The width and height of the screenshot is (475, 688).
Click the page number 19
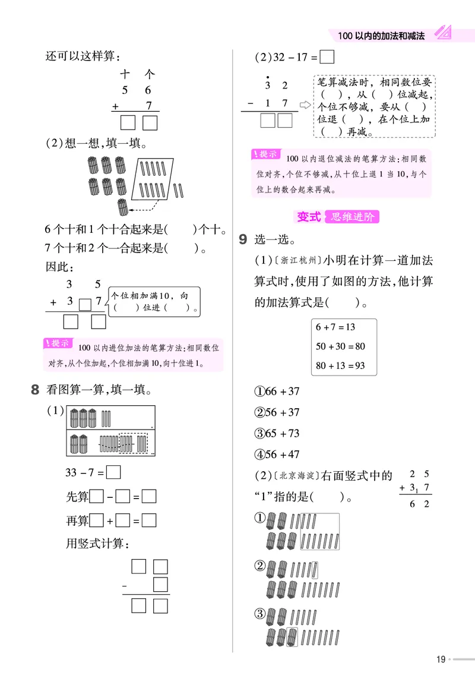coord(441,659)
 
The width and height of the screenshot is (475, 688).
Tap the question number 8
coord(35,390)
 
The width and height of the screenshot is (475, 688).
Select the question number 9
coord(242,239)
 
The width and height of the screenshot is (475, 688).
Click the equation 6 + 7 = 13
coord(335,327)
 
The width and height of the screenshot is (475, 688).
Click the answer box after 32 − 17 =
coord(327,58)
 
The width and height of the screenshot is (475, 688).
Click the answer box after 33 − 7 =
coord(114,474)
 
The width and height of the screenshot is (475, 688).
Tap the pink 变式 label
coord(309,217)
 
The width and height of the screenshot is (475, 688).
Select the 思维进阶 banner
coord(353,217)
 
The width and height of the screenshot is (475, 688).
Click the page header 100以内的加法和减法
coord(381,36)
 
